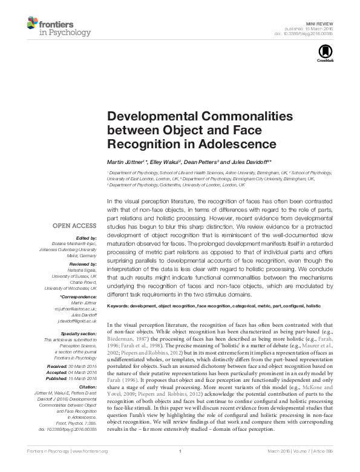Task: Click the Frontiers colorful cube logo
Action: pyautogui.click(x=34, y=24)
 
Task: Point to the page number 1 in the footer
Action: pyautogui.click(x=180, y=468)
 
